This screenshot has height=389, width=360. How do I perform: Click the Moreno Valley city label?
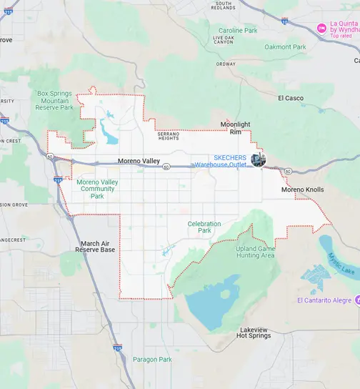click(139, 161)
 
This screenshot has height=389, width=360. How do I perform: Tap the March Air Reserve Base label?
click(98, 247)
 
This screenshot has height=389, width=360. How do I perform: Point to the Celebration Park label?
click(204, 227)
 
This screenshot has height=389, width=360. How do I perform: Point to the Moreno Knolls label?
click(302, 189)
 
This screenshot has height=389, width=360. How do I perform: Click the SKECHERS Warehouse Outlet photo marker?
click(259, 159)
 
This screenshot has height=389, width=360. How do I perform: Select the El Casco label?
click(291, 98)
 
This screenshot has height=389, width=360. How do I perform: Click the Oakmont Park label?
click(285, 47)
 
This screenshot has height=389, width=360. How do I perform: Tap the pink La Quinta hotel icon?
click(322, 27)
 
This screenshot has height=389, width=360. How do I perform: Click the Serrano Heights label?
click(169, 135)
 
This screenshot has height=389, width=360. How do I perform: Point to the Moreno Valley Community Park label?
click(97, 189)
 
